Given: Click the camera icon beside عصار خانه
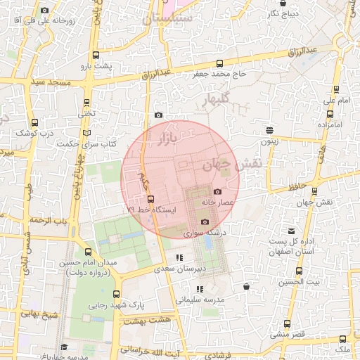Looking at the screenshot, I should (x=217, y=192).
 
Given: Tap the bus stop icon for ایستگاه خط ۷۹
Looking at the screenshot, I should (x=150, y=200).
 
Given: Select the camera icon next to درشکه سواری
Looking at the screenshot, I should (x=205, y=221).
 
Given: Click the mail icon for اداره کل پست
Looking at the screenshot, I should (x=290, y=231).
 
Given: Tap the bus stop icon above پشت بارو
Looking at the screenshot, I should (x=96, y=56).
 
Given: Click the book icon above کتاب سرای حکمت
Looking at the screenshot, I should (x=86, y=133).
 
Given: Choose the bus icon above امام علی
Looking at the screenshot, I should (x=336, y=90).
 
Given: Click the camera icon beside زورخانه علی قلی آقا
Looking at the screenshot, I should (x=45, y=10).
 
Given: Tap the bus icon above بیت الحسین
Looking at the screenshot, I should (x=300, y=271).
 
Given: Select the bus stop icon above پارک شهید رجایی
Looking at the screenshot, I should (x=116, y=295).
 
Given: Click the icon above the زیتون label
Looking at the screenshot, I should (x=270, y=129).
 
